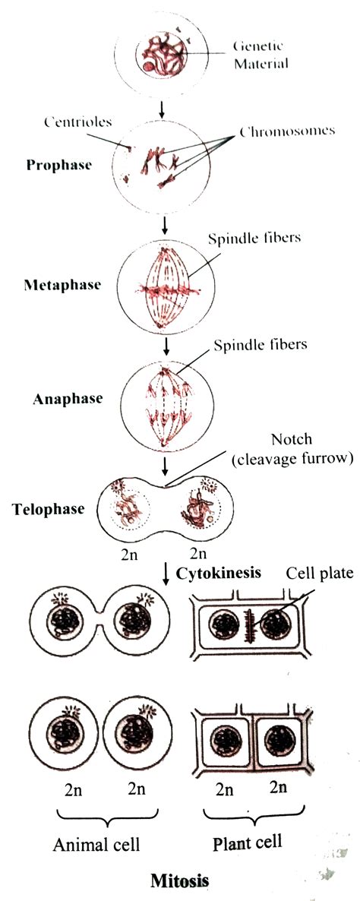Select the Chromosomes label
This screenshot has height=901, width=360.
point(287,131)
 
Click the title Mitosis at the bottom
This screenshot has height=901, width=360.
point(178,881)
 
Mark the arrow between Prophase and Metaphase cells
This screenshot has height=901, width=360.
point(164,224)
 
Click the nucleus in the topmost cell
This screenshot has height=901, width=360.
point(163,55)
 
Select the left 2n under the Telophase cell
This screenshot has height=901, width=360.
point(127,553)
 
